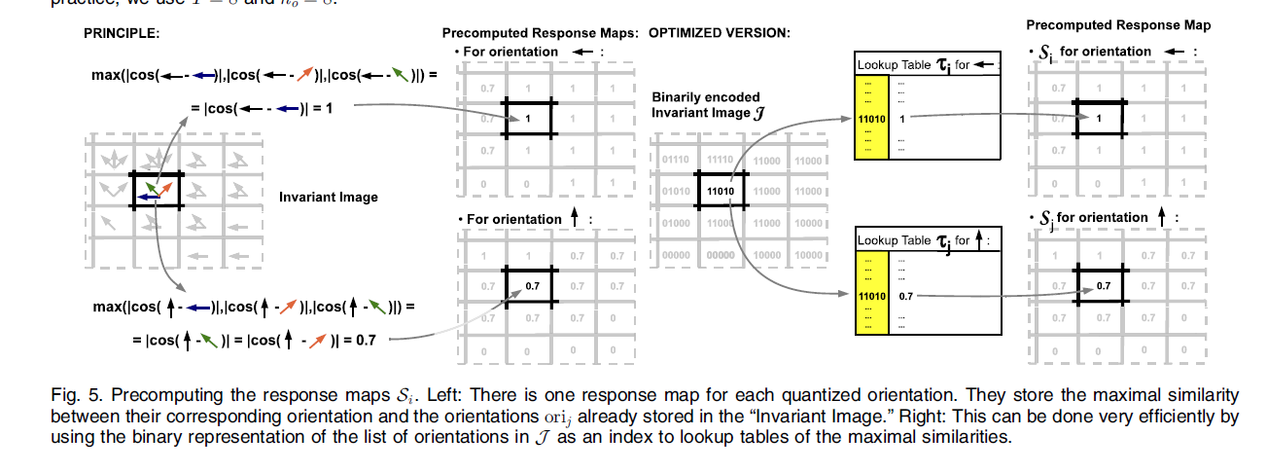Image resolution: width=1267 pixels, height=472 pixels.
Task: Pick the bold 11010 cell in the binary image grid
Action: tap(721, 190)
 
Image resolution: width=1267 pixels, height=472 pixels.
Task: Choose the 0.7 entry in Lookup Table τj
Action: tap(906, 293)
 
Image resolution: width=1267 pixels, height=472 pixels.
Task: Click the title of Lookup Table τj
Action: tap(920, 239)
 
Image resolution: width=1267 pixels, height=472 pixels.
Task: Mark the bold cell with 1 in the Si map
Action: tap(1098, 118)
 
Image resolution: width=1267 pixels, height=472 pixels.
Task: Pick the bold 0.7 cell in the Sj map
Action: tap(1102, 285)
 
